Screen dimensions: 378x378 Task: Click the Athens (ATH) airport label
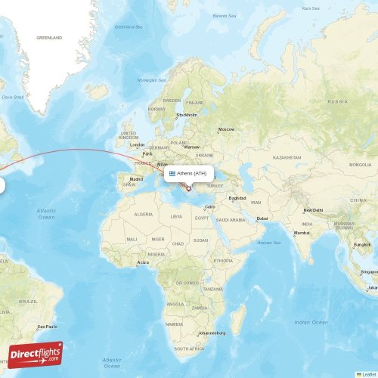click(192, 173)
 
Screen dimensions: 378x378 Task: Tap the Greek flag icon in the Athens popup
click(172, 173)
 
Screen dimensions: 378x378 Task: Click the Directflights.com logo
click(36, 354)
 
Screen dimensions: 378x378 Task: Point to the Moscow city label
click(226, 129)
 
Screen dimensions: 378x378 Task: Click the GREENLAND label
click(49, 37)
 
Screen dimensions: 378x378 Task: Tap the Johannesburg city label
click(213, 333)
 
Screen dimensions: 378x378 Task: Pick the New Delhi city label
click(313, 210)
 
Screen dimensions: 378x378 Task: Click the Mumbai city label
click(302, 233)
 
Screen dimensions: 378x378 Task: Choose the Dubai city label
click(262, 218)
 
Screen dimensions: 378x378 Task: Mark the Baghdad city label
click(237, 198)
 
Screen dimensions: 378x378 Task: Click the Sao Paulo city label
click(47, 327)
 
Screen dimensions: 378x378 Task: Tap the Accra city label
click(143, 262)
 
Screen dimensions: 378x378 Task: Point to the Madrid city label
click(136, 179)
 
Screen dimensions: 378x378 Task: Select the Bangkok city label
click(362, 245)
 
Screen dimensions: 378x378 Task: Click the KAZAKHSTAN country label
click(287, 157)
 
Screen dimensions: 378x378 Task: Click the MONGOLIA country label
click(360, 164)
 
